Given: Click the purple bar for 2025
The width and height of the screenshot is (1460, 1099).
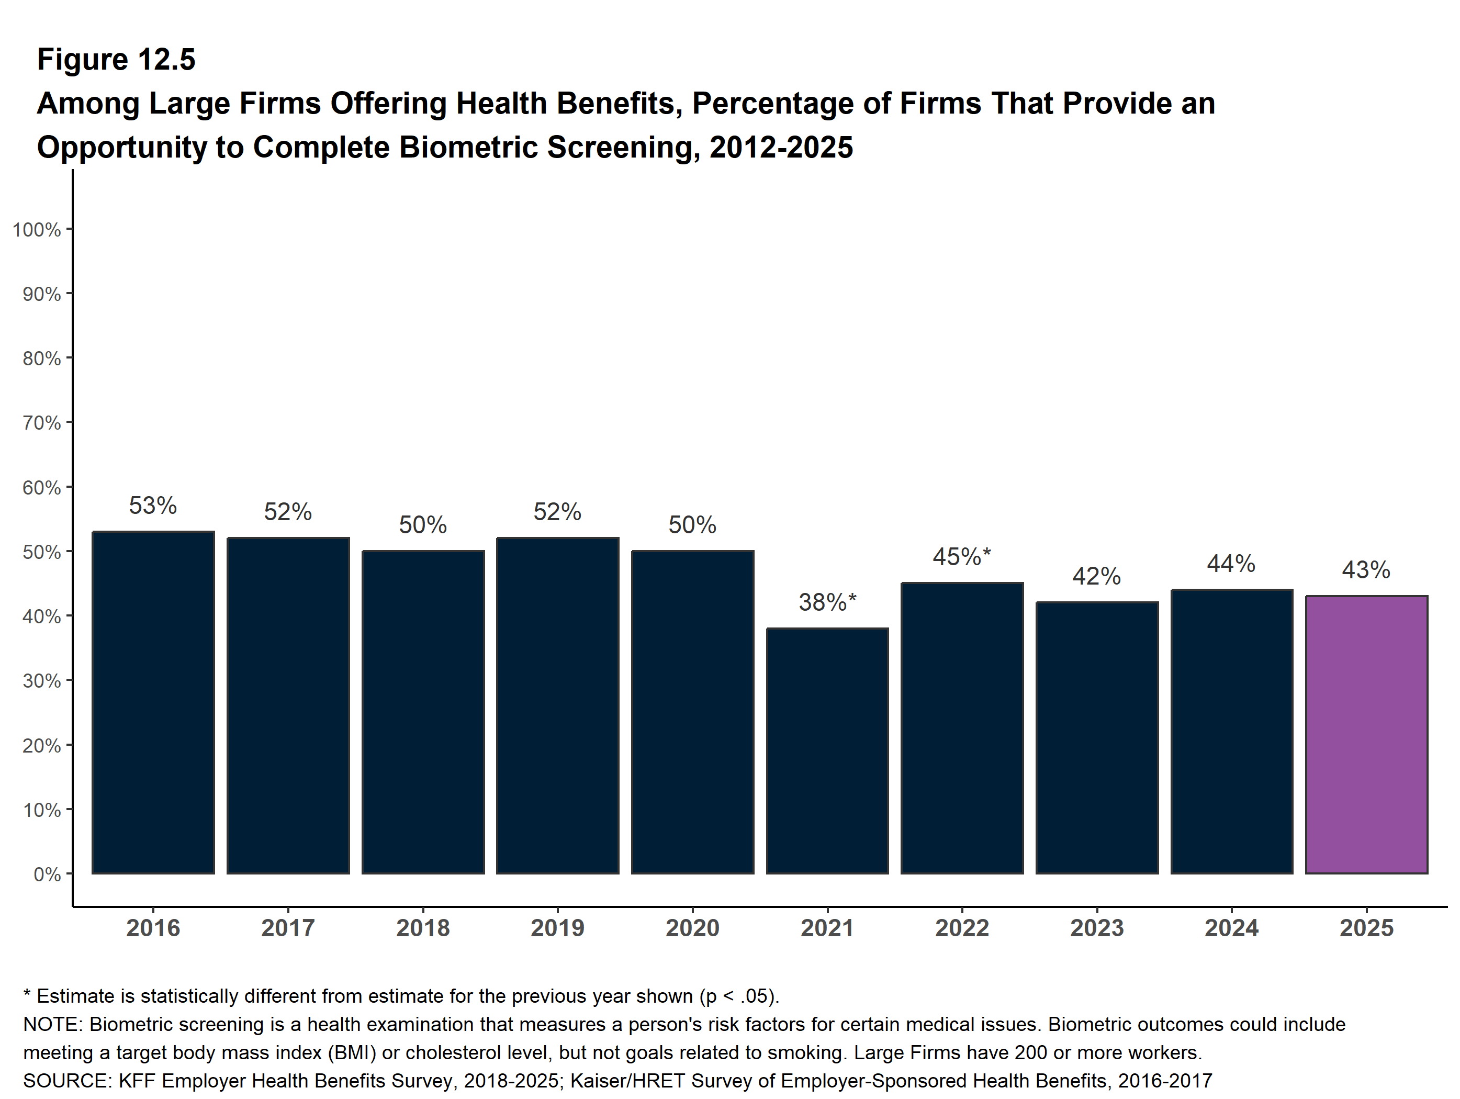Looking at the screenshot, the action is (x=1366, y=735).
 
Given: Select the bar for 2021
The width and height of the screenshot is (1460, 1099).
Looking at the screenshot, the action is (x=827, y=751).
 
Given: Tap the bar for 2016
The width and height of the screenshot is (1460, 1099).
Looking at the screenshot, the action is (x=153, y=702).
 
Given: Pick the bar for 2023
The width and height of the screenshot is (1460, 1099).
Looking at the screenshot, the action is (x=1097, y=738).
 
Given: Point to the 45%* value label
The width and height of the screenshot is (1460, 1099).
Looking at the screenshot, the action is (x=962, y=556).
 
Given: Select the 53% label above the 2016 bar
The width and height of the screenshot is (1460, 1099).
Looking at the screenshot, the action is (x=153, y=506).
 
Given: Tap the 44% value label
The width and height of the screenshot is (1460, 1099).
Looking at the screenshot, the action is (x=1232, y=564).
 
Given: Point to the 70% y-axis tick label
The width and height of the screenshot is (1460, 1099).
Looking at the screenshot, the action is (x=41, y=422).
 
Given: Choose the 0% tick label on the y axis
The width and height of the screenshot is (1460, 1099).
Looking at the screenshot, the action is (x=47, y=874).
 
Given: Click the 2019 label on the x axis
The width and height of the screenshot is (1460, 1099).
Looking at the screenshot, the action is (x=558, y=928).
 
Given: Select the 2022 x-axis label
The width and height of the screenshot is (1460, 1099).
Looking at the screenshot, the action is (x=962, y=928).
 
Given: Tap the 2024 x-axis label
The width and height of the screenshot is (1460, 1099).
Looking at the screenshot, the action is (x=1232, y=928).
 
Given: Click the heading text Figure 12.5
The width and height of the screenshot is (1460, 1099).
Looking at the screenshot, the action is (x=116, y=60).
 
